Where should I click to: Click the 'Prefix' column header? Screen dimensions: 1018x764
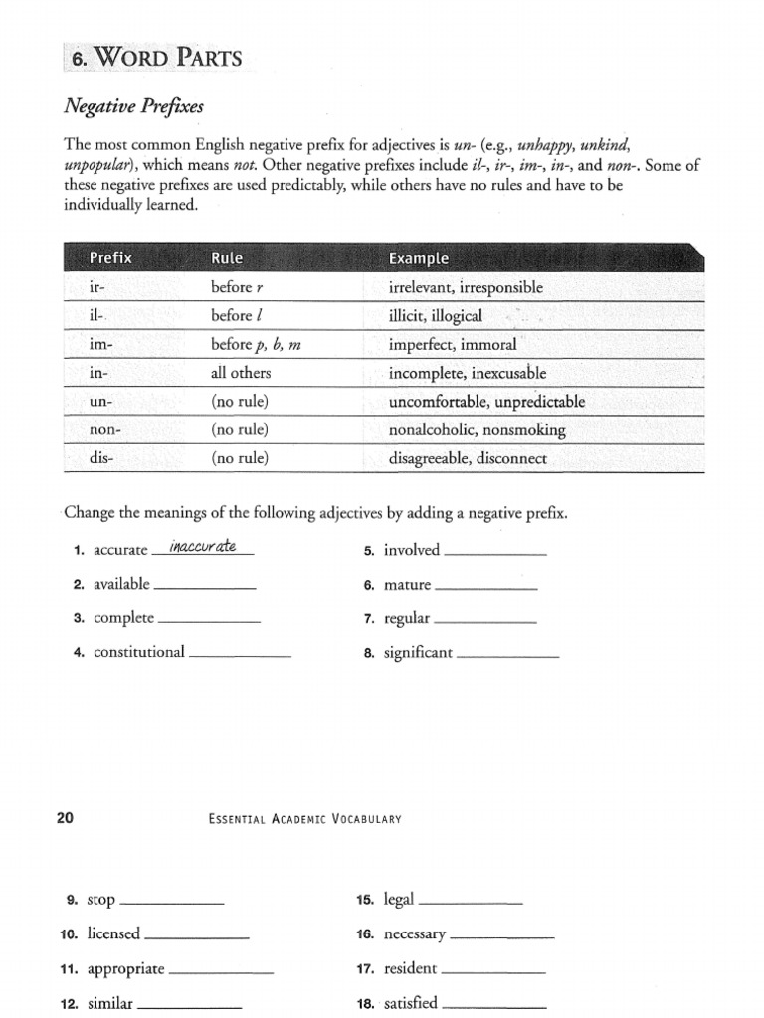tap(110, 258)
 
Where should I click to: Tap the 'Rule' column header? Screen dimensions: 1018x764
tap(227, 258)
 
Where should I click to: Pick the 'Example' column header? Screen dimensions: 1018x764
tap(419, 258)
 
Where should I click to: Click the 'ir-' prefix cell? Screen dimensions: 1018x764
tap(97, 287)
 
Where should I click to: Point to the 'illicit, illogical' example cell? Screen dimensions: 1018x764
tap(436, 316)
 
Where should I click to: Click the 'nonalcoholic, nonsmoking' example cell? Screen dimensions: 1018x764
tap(477, 430)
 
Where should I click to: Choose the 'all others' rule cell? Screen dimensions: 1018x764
tap(241, 373)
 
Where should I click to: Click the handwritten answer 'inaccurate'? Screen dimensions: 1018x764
tap(202, 546)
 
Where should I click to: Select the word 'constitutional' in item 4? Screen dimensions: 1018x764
tap(139, 652)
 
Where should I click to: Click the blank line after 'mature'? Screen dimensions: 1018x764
tap(486, 588)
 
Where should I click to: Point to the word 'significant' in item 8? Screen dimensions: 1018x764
tap(418, 653)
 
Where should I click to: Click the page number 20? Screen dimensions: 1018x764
tap(66, 818)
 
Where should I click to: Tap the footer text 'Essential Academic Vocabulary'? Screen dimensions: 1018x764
tap(304, 819)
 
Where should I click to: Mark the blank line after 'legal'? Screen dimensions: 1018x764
tap(471, 903)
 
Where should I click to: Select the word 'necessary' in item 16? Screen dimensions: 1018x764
tap(415, 935)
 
